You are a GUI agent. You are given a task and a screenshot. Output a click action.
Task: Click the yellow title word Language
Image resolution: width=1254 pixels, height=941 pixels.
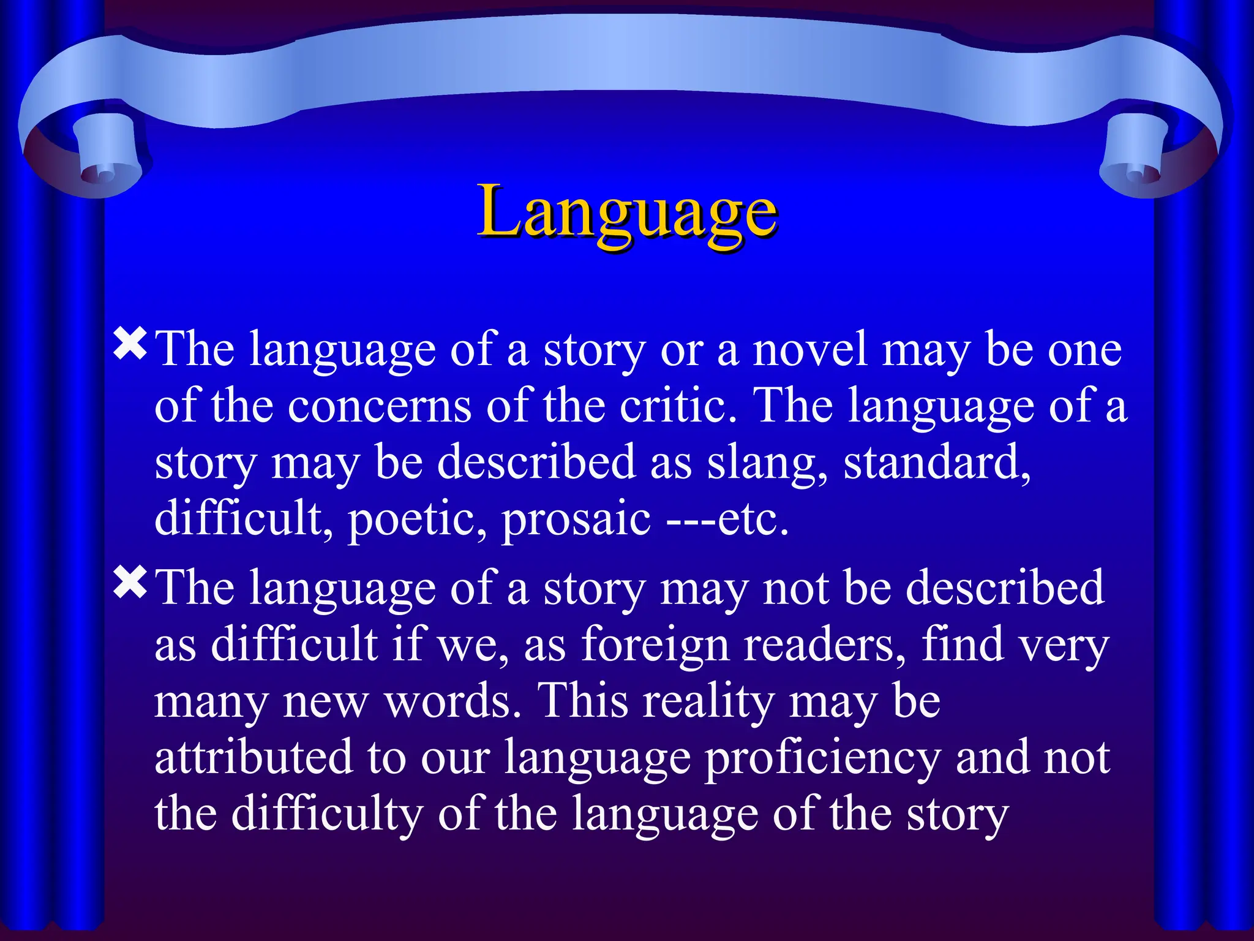pyautogui.click(x=627, y=211)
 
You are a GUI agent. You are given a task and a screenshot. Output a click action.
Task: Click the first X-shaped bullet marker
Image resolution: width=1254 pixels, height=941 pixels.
pyautogui.click(x=130, y=344)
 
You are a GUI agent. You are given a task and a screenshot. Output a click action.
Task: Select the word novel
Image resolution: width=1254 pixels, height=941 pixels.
pyautogui.click(x=809, y=350)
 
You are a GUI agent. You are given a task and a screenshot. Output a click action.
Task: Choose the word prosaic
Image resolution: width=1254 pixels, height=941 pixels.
pyautogui.click(x=576, y=520)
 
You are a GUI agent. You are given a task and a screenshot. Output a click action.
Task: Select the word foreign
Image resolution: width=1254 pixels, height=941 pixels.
pyautogui.click(x=655, y=644)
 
